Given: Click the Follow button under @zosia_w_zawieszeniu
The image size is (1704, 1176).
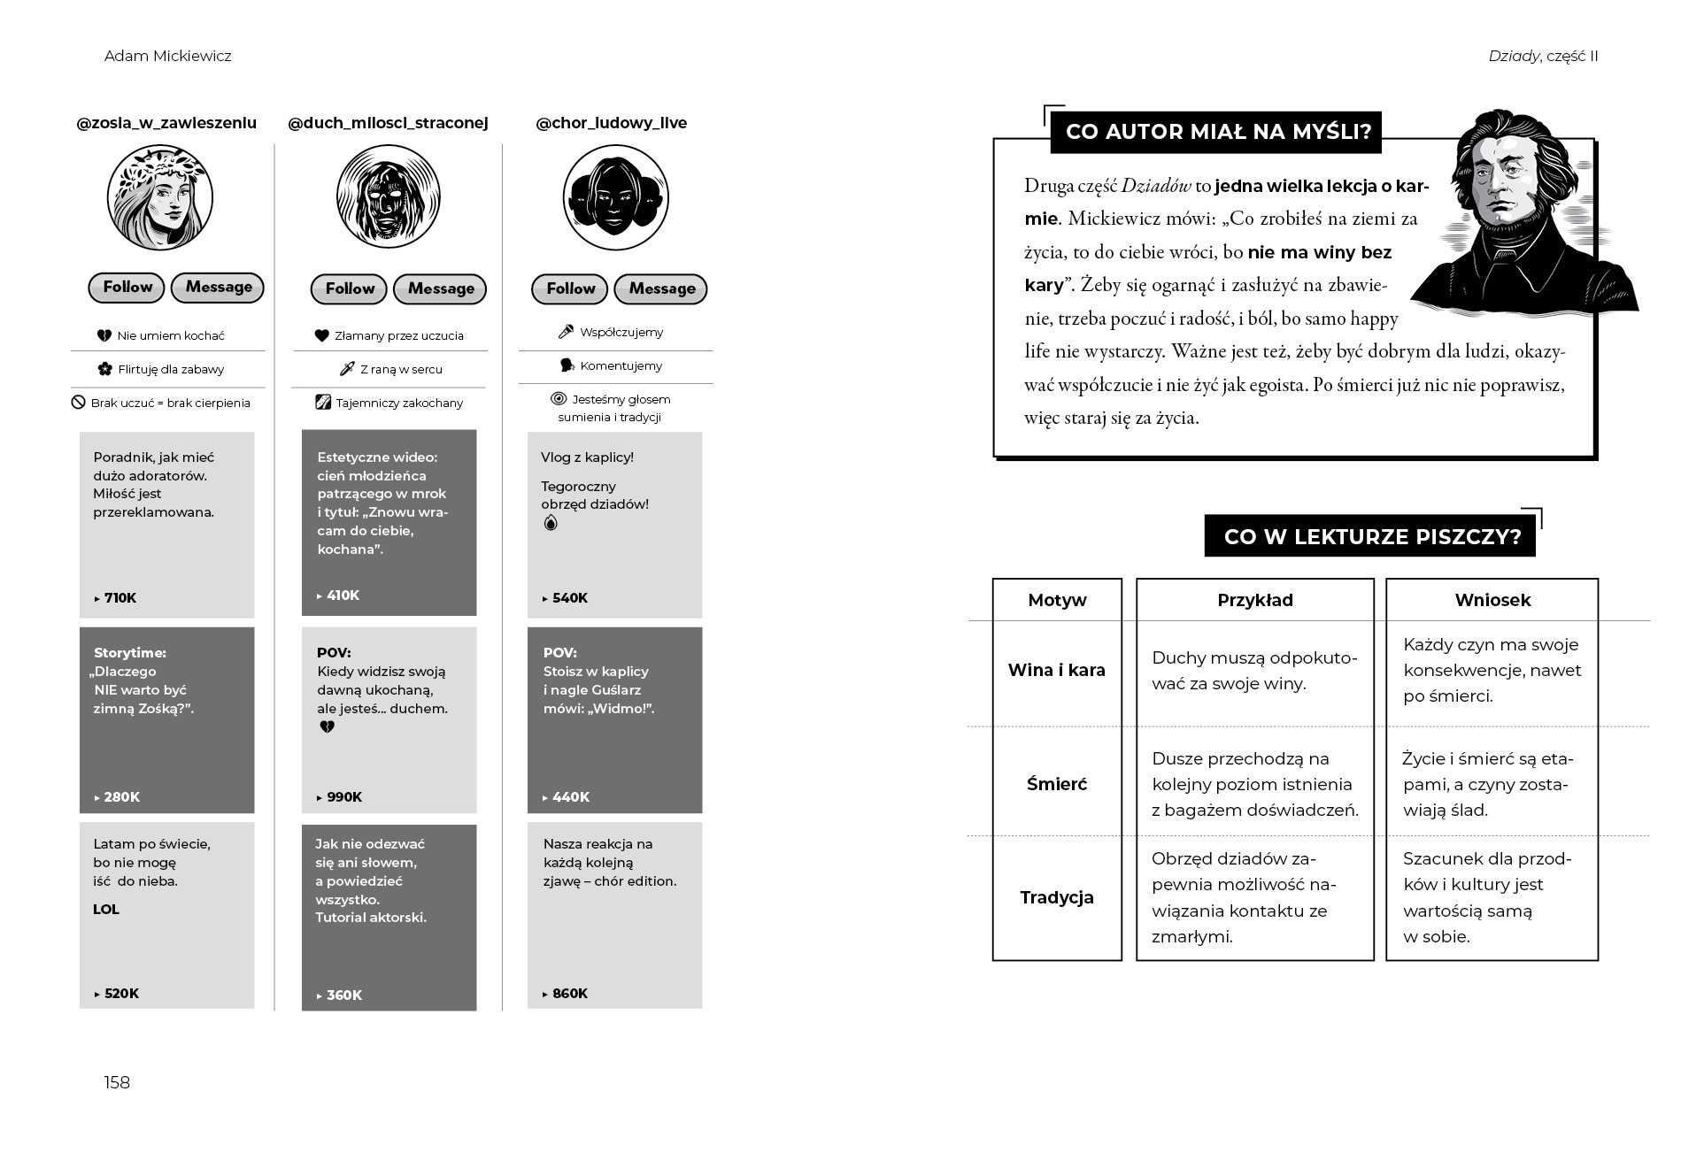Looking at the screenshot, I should (127, 288).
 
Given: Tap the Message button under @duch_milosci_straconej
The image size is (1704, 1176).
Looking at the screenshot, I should (440, 289).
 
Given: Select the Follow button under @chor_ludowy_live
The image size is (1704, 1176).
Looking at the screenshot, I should (569, 289).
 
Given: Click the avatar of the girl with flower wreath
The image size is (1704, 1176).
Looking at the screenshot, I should (160, 198).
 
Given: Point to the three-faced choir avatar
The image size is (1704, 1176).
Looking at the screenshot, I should (615, 198).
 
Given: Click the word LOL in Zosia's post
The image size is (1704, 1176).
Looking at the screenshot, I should (106, 910).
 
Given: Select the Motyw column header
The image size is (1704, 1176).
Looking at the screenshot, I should (1057, 601).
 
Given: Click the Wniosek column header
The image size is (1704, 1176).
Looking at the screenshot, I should (1492, 601).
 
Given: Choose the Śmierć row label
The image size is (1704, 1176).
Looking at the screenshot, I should (1057, 784).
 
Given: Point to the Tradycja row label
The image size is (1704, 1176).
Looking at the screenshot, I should (1057, 898).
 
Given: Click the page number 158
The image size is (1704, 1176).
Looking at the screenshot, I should (117, 1083).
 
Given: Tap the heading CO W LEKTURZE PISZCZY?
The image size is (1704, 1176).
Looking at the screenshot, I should (1371, 537).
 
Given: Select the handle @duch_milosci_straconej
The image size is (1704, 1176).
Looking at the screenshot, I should (388, 123).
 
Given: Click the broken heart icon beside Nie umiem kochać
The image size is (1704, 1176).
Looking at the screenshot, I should (104, 336).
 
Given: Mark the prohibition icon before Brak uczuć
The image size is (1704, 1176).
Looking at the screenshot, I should (78, 403).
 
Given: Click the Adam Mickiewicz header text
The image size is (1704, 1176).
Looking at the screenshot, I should (168, 57).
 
